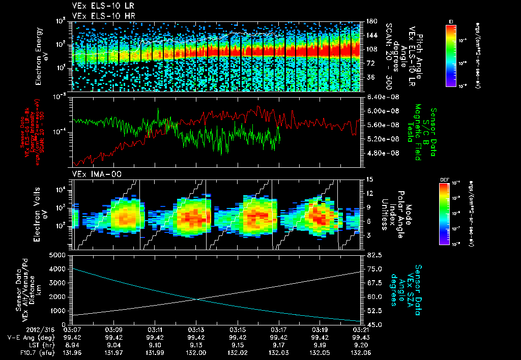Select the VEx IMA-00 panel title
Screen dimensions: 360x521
click(x=92, y=174)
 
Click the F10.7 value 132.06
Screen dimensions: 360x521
click(x=351, y=351)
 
